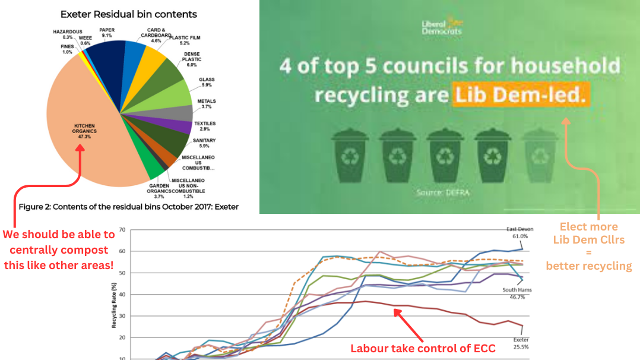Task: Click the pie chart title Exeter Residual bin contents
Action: click(129, 14)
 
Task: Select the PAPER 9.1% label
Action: click(107, 32)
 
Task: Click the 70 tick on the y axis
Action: click(121, 229)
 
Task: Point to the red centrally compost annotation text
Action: click(58, 250)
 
